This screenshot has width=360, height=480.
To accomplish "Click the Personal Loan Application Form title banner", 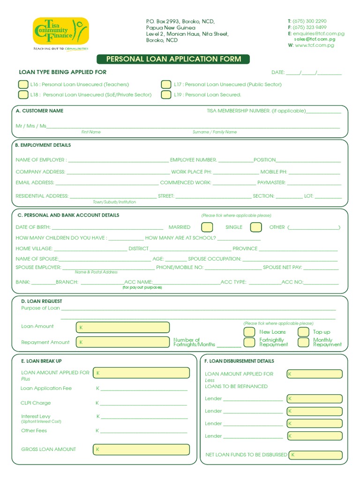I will coord(173,59).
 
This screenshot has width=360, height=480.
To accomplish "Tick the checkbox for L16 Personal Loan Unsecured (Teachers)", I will coord(23,84).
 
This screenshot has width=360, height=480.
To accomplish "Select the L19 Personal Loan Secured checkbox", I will coord(166,95).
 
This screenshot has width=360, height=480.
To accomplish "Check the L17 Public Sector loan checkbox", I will coord(166,84).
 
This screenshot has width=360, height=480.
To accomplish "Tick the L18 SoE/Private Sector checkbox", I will coord(23,95).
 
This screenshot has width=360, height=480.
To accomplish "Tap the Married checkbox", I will coord(207,227).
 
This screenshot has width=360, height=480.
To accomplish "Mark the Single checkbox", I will coord(256,227).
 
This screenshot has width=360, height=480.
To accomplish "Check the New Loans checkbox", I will coord(249,332).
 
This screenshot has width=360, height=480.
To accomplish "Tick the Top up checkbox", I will coord(304,332).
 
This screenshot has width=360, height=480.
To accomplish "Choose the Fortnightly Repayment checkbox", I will coord(249,342).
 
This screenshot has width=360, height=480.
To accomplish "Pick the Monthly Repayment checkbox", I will coord(304,342).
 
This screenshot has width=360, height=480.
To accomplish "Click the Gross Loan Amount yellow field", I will coord(142,450).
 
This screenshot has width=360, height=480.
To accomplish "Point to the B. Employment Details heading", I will coord(43,145).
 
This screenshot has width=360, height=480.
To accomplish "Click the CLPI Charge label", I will coord(36,403).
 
